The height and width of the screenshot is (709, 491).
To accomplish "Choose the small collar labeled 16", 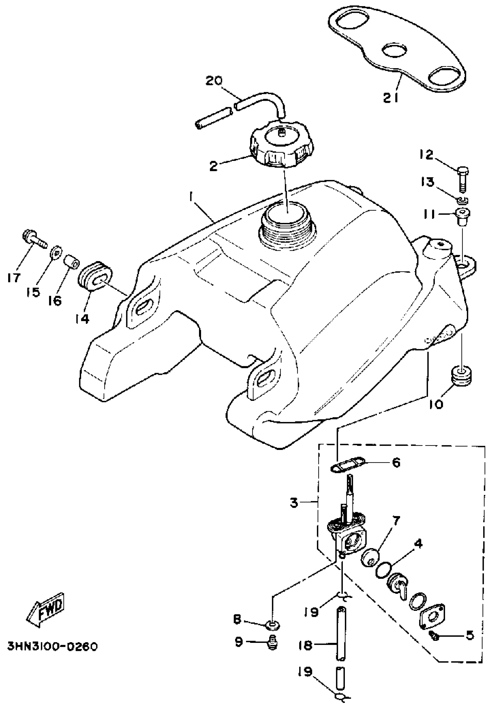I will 72,261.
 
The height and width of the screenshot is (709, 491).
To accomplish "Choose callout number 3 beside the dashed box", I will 294,503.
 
